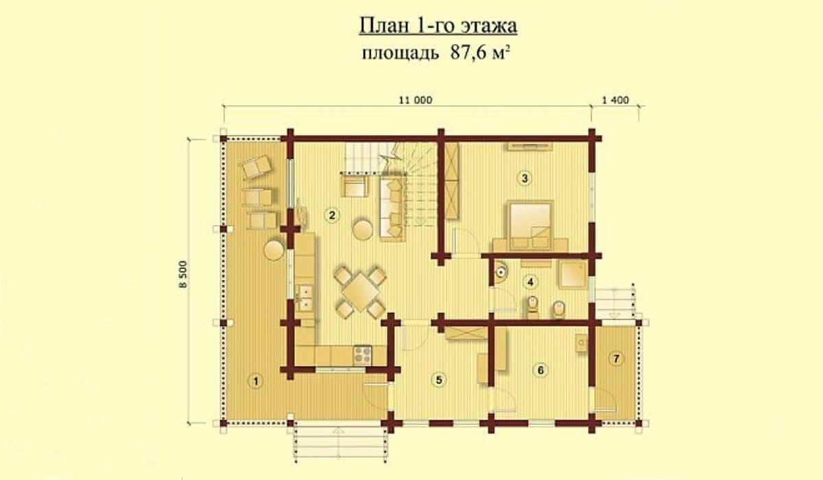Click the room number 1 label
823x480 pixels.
(256, 381)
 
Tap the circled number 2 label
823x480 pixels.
(332, 215)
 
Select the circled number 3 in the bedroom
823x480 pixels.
(525, 178)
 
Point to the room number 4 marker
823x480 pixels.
(530, 282)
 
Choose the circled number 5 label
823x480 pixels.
(439, 380)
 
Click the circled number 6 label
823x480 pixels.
(540, 370)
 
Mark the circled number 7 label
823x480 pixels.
(616, 359)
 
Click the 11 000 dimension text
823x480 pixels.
(416, 100)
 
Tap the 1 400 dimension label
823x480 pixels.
(615, 100)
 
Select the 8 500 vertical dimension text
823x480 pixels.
(183, 274)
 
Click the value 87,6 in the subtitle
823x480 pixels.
(468, 53)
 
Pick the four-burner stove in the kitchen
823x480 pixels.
(363, 355)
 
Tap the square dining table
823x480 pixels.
(361, 292)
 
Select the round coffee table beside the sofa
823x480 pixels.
(363, 229)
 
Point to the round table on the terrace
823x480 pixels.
(274, 250)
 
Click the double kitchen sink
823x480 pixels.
(305, 298)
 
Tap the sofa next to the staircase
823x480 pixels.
(393, 209)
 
